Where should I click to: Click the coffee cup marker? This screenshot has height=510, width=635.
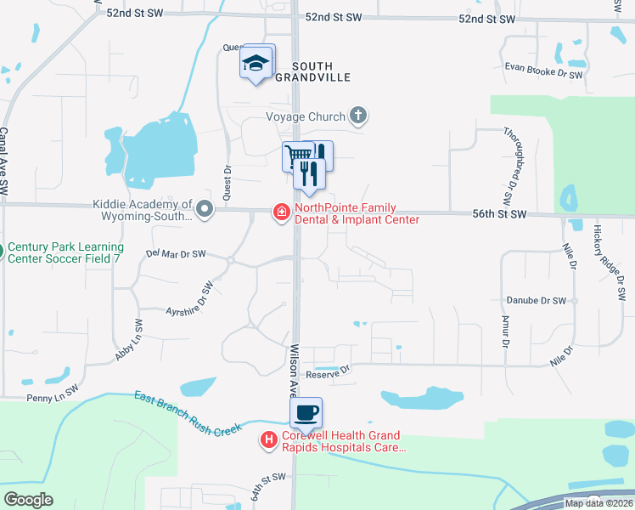(306, 414)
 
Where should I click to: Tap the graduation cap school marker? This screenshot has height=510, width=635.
(256, 63)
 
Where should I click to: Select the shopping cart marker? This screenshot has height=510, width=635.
(298, 156)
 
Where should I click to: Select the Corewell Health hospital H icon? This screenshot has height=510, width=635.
(268, 439)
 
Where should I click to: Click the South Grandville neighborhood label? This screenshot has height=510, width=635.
(323, 71)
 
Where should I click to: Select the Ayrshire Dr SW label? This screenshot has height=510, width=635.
(188, 302)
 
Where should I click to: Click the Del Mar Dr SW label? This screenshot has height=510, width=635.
(176, 253)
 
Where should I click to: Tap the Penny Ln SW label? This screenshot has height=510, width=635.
(29, 397)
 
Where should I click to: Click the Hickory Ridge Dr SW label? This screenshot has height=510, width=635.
(620, 263)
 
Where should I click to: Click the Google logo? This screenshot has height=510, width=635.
(28, 500)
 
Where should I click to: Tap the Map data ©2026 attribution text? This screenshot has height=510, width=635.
(598, 503)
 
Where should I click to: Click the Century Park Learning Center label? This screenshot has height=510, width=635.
(64, 251)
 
